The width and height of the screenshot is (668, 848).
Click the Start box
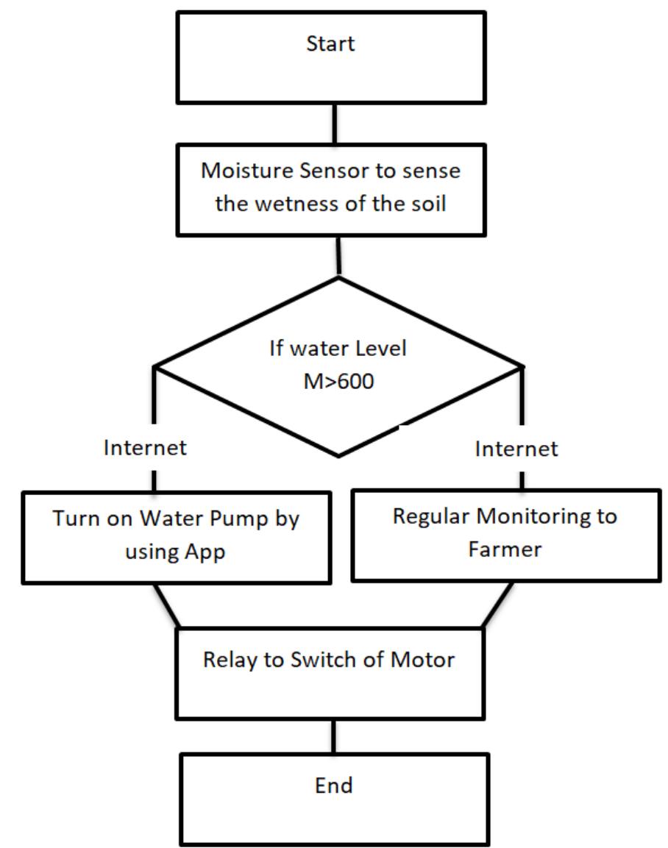(330, 57)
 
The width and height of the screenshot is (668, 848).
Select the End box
(333, 799)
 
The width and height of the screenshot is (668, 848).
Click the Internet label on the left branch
(145, 448)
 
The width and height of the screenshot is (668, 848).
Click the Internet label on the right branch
(516, 448)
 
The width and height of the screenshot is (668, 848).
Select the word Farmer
(505, 549)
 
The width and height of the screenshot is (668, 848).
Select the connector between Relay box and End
(335, 735)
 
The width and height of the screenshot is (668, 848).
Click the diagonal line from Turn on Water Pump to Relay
(166, 605)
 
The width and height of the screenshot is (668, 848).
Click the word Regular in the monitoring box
(431, 516)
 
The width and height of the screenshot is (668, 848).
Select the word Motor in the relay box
(425, 660)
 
